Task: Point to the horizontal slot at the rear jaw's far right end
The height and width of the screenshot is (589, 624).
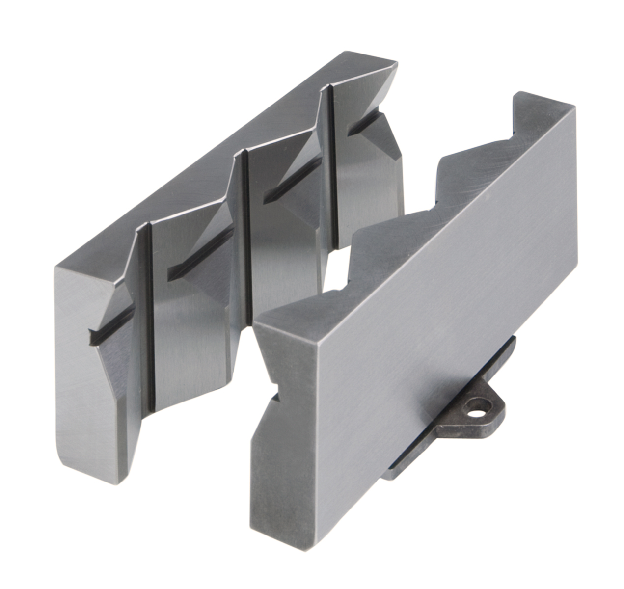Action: (366, 123)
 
